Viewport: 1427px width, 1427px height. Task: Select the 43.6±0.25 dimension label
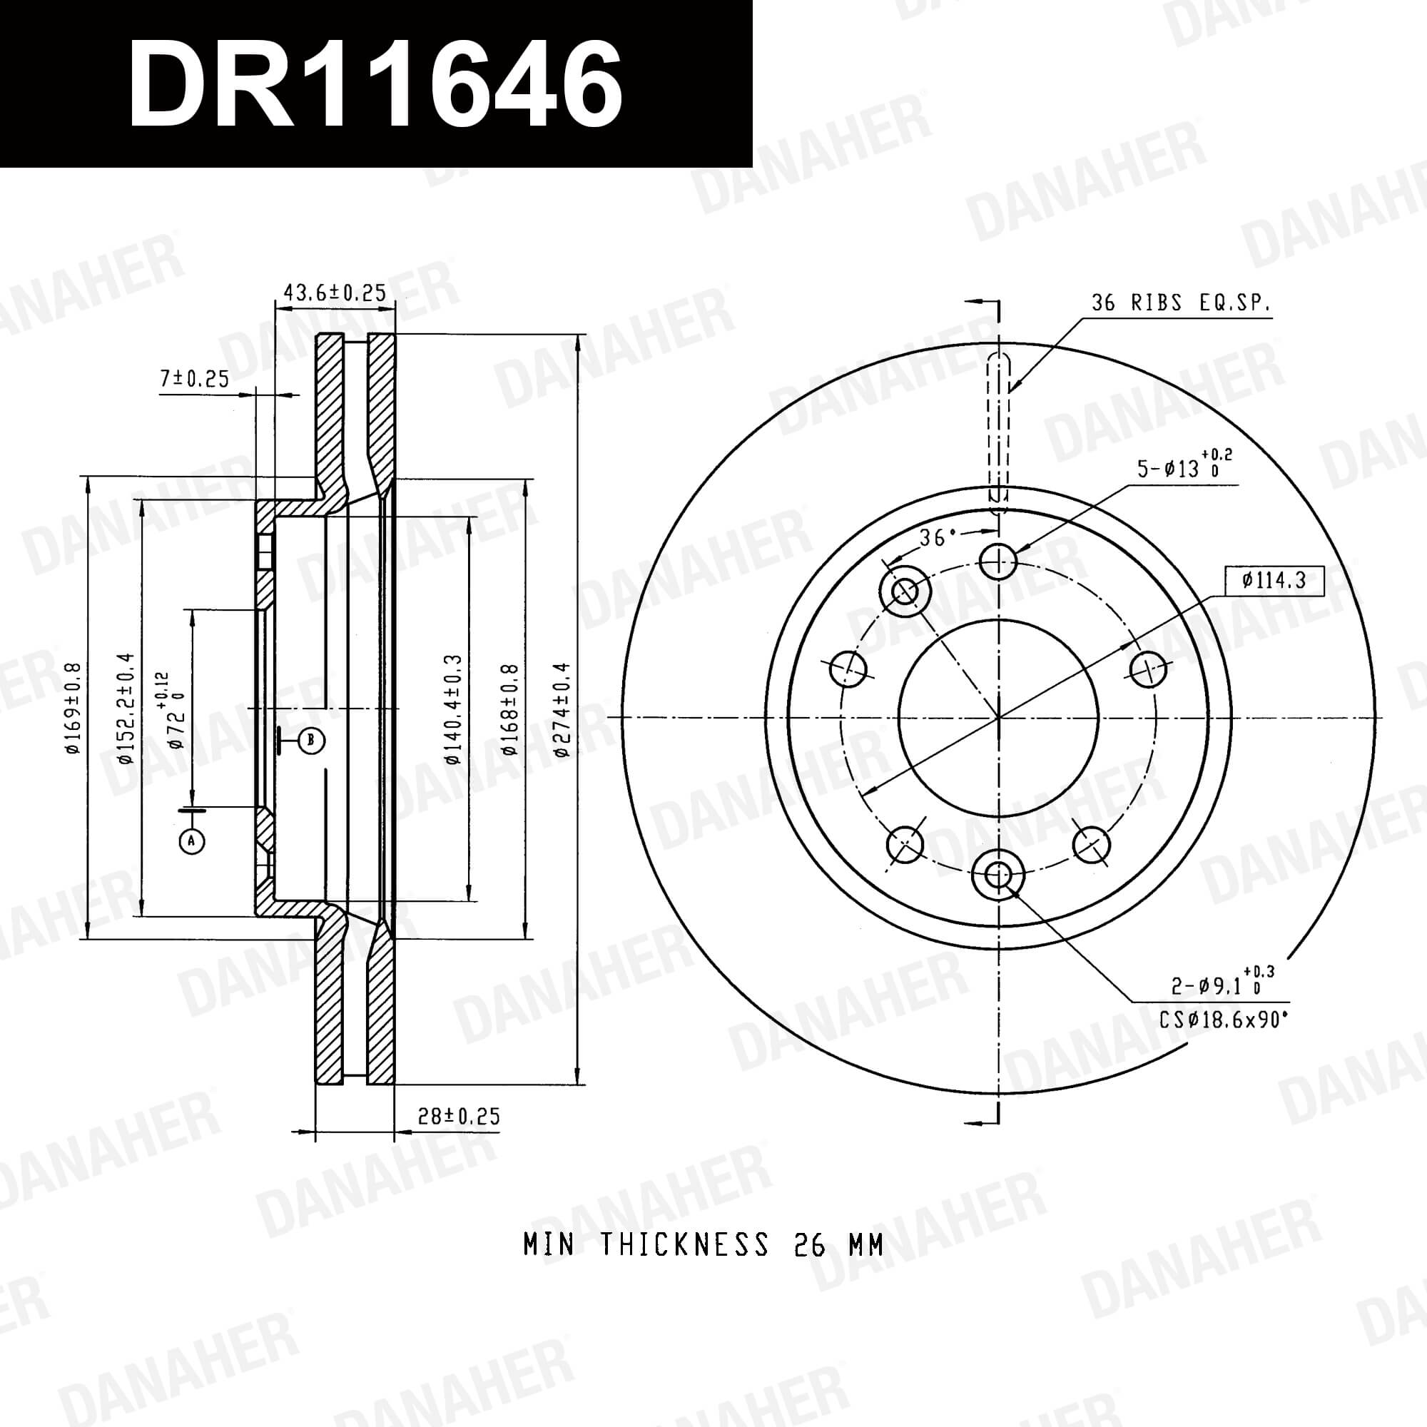pos(335,293)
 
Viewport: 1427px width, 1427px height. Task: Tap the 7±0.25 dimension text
pos(195,379)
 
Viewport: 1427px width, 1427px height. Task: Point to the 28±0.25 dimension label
pos(459,1116)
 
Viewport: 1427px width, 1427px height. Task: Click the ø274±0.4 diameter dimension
pos(562,709)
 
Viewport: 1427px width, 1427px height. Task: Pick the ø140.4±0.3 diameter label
pos(453,709)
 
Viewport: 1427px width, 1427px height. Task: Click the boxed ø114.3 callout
pos(1274,581)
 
